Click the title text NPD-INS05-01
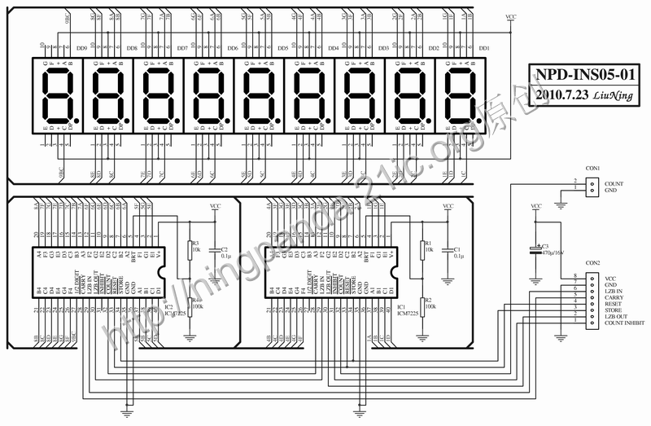coord(581,75)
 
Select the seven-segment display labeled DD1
coord(462,94)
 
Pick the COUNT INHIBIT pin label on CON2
coord(624,323)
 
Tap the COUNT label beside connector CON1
coord(614,183)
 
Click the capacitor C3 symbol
coord(535,250)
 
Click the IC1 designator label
coord(401,306)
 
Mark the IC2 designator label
coord(169,306)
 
